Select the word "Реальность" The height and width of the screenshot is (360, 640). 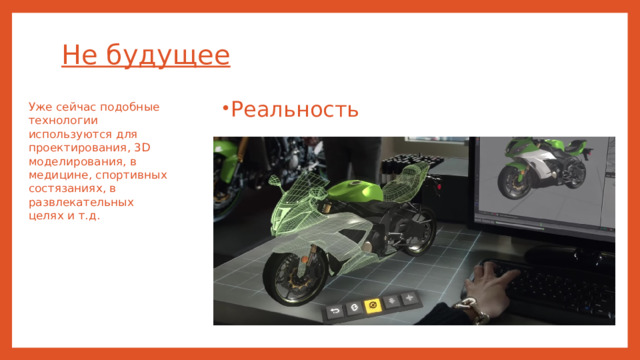(294, 109)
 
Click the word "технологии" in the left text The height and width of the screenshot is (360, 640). (63, 119)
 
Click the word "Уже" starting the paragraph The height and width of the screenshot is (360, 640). (40, 106)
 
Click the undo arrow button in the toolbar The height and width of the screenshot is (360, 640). (332, 310)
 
